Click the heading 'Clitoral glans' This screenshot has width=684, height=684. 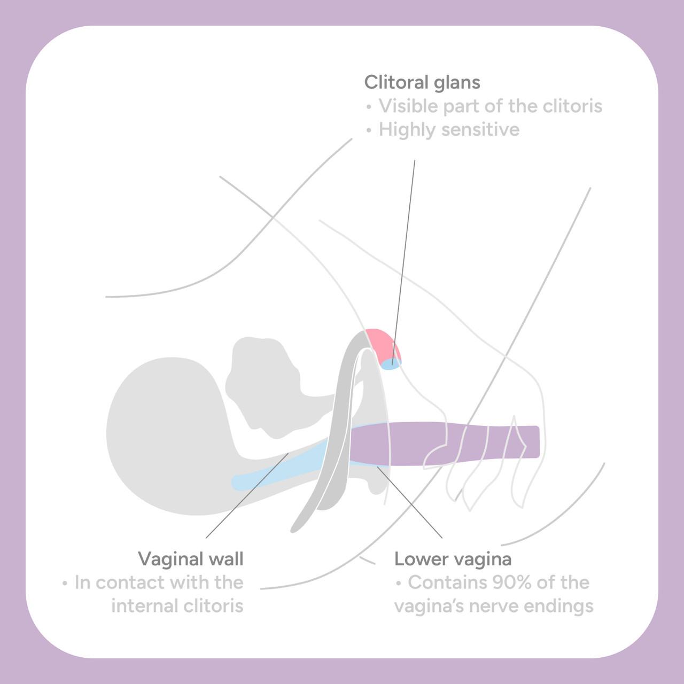click(x=422, y=82)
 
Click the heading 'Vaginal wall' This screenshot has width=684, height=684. click(x=191, y=559)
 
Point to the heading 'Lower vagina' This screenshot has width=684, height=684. click(x=453, y=559)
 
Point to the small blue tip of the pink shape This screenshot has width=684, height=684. click(x=391, y=364)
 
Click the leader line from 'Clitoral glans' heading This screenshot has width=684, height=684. click(x=403, y=261)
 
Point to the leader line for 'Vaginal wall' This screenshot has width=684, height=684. click(x=247, y=495)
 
